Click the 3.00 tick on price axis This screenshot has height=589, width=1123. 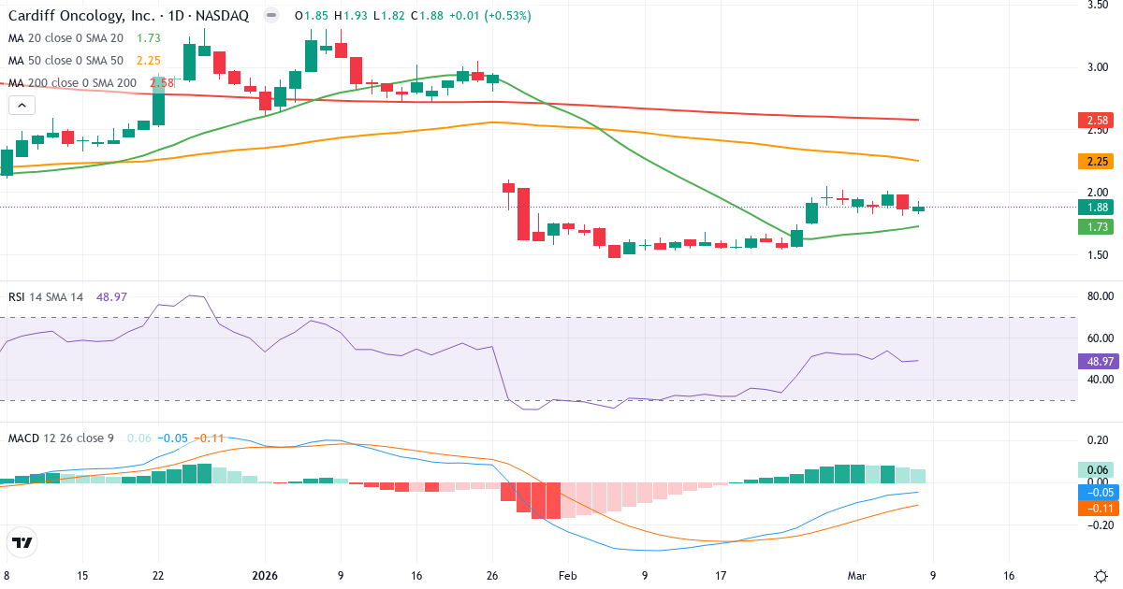pyautogui.click(x=1097, y=67)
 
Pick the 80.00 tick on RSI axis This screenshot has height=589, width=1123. pyautogui.click(x=1099, y=296)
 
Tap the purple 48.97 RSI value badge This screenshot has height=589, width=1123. pyautogui.click(x=1095, y=360)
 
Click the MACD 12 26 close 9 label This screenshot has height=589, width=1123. pyautogui.click(x=61, y=438)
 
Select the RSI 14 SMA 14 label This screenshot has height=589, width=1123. pyautogui.click(x=46, y=296)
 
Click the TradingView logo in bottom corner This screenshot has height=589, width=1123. pyautogui.click(x=22, y=542)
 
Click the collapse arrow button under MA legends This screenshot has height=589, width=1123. pyautogui.click(x=21, y=106)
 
